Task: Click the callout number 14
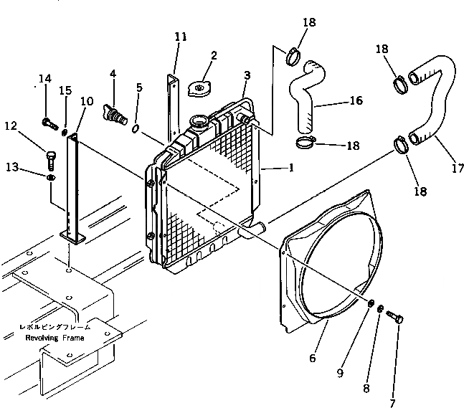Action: [44, 80]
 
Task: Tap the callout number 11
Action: [180, 37]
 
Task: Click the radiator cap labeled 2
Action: [199, 88]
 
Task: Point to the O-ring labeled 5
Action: [136, 128]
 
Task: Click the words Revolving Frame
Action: [55, 337]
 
